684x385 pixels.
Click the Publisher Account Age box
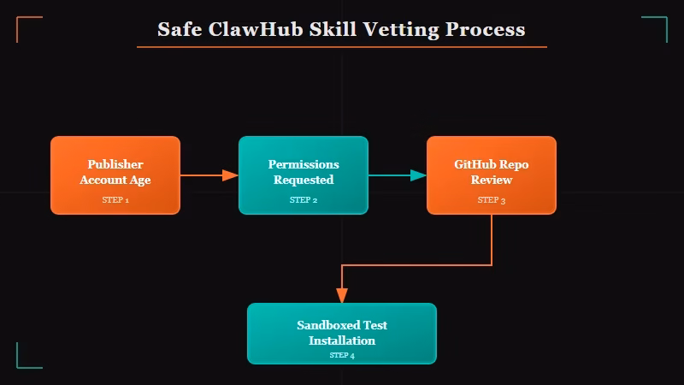[115, 175]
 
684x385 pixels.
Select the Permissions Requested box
[304, 175]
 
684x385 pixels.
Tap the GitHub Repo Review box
[492, 175]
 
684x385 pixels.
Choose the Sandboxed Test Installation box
[342, 334]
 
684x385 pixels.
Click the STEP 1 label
[115, 200]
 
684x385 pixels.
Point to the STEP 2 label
[304, 200]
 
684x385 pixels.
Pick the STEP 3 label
[492, 200]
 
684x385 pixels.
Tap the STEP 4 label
[342, 355]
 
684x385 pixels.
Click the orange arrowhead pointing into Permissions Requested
[230, 175]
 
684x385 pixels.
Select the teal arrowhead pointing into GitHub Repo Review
[418, 175]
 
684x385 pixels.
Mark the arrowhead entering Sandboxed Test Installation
[342, 295]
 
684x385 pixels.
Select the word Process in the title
[485, 29]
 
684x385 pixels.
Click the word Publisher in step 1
[115, 164]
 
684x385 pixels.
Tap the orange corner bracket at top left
[23, 23]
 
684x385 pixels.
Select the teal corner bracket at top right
[660, 23]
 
